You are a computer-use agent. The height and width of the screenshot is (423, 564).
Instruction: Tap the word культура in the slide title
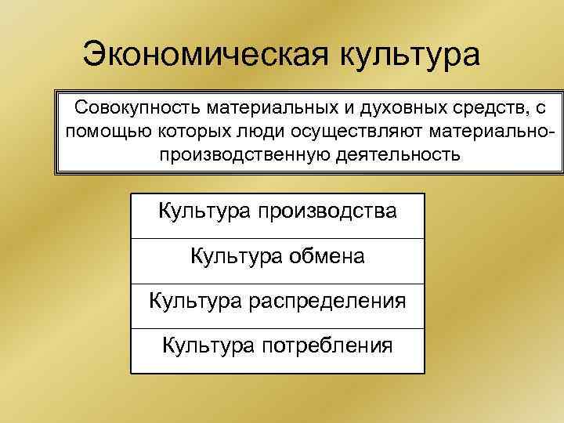click(408, 55)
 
